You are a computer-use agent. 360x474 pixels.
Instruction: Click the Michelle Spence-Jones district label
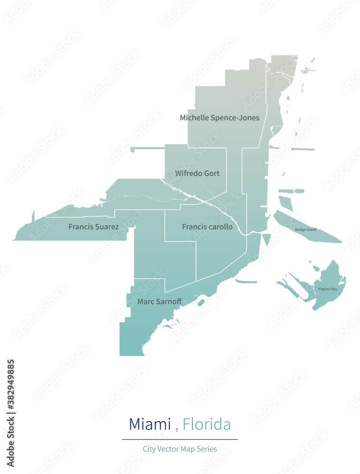point(219,118)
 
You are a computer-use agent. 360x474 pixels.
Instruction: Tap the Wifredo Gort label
point(197,173)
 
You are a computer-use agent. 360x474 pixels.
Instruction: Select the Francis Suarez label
point(93,227)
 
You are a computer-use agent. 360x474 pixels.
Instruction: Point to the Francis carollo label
point(207,227)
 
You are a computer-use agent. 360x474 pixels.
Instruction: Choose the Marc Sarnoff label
point(159,301)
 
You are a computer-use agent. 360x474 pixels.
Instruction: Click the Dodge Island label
point(305,230)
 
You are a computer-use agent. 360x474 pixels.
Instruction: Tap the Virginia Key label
point(327,289)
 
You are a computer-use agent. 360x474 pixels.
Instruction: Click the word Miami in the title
point(150,424)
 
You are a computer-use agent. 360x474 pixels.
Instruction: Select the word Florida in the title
point(207,424)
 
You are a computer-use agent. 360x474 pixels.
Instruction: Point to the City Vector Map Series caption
point(180,449)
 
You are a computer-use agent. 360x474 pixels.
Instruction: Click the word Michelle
point(194,118)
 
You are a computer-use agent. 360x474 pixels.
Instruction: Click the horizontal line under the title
point(180,439)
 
